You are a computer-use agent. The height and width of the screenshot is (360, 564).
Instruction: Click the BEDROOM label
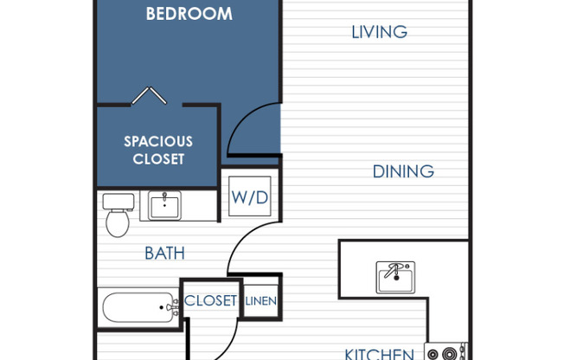[x=189, y=14]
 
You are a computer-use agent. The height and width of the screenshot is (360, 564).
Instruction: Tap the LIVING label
[x=379, y=32]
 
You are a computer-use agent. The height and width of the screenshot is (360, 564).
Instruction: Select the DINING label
[x=403, y=171]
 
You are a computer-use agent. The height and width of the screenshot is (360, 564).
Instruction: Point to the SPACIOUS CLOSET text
[x=157, y=150]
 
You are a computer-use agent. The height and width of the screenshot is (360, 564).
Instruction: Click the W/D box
[x=249, y=197]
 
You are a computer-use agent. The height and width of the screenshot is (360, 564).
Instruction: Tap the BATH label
[x=164, y=254]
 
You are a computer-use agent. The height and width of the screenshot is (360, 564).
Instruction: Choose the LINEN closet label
[x=260, y=301]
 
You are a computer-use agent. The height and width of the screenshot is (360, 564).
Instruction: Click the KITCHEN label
[x=379, y=353]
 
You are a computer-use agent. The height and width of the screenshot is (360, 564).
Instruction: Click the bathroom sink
[x=164, y=206]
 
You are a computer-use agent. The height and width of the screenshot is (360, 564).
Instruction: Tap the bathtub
[x=138, y=307]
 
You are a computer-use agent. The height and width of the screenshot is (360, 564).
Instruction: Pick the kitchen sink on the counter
[x=395, y=277]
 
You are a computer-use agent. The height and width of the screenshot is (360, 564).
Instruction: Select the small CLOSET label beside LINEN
[x=210, y=301]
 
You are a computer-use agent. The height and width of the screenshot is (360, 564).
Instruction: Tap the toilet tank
[x=119, y=201]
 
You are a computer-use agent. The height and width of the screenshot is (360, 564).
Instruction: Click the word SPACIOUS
[x=157, y=141]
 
